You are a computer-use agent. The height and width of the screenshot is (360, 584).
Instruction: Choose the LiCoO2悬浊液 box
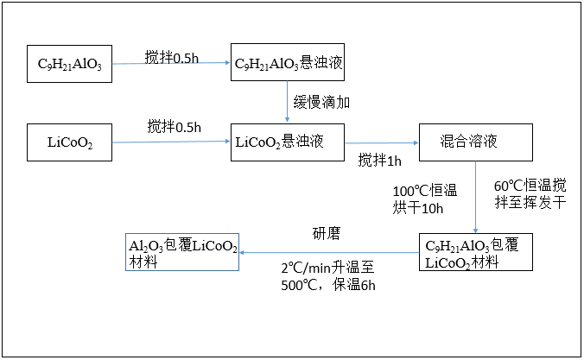click(287, 142)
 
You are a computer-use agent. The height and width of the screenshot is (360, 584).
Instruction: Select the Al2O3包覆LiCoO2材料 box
click(182, 252)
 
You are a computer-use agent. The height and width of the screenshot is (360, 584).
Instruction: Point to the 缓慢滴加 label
click(321, 102)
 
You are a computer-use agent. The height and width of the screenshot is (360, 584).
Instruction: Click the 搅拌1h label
click(380, 161)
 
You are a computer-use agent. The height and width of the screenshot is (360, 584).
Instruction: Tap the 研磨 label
click(328, 233)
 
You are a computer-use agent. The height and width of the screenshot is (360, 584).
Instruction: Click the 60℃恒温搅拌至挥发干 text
click(530, 194)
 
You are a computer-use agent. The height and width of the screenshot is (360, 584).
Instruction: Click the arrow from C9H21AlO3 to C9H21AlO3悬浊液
click(173, 64)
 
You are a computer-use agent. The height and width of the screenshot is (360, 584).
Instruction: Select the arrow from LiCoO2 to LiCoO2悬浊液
click(172, 142)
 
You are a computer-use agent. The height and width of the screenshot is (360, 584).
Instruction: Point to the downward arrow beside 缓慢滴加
click(288, 102)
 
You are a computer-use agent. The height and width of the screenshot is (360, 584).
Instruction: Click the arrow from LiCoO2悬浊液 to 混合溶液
click(381, 143)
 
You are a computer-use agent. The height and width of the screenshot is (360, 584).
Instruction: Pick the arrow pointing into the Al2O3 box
click(328, 253)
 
